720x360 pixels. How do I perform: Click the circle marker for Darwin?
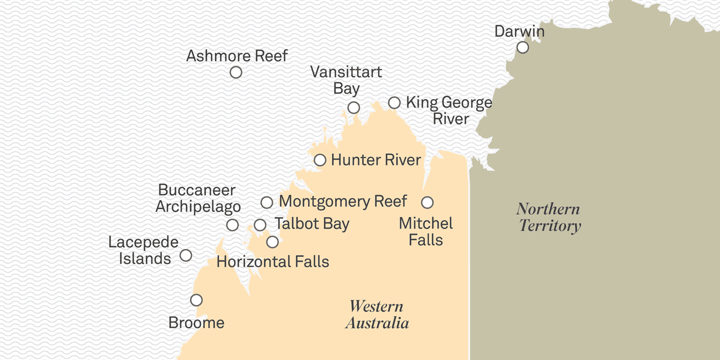[x=523, y=47]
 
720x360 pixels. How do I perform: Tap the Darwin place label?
[x=519, y=31]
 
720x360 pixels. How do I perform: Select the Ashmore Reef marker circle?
[x=236, y=73]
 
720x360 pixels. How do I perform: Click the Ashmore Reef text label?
[x=237, y=56]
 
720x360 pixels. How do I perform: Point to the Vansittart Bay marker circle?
[x=353, y=107]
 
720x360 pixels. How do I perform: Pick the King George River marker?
[x=394, y=103]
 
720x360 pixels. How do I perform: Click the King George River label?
[x=449, y=111]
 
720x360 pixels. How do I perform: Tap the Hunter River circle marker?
[x=320, y=160]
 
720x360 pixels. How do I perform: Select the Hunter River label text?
[x=376, y=160]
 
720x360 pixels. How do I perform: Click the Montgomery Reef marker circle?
[x=266, y=202]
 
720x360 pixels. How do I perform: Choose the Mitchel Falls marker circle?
[x=427, y=202]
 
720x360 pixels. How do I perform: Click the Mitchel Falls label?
[x=426, y=231]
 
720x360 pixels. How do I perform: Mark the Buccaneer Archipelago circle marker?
[x=232, y=225]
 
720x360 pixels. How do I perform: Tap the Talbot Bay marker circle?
[x=260, y=225]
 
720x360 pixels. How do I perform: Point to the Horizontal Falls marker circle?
[x=273, y=242]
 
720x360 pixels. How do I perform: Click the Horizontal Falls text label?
[x=273, y=261]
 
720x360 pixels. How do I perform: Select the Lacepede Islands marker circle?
[x=186, y=255]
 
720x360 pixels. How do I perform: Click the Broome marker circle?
[x=196, y=300]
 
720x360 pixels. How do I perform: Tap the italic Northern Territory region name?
[x=549, y=217]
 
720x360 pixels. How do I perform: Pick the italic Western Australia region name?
[x=377, y=314]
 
